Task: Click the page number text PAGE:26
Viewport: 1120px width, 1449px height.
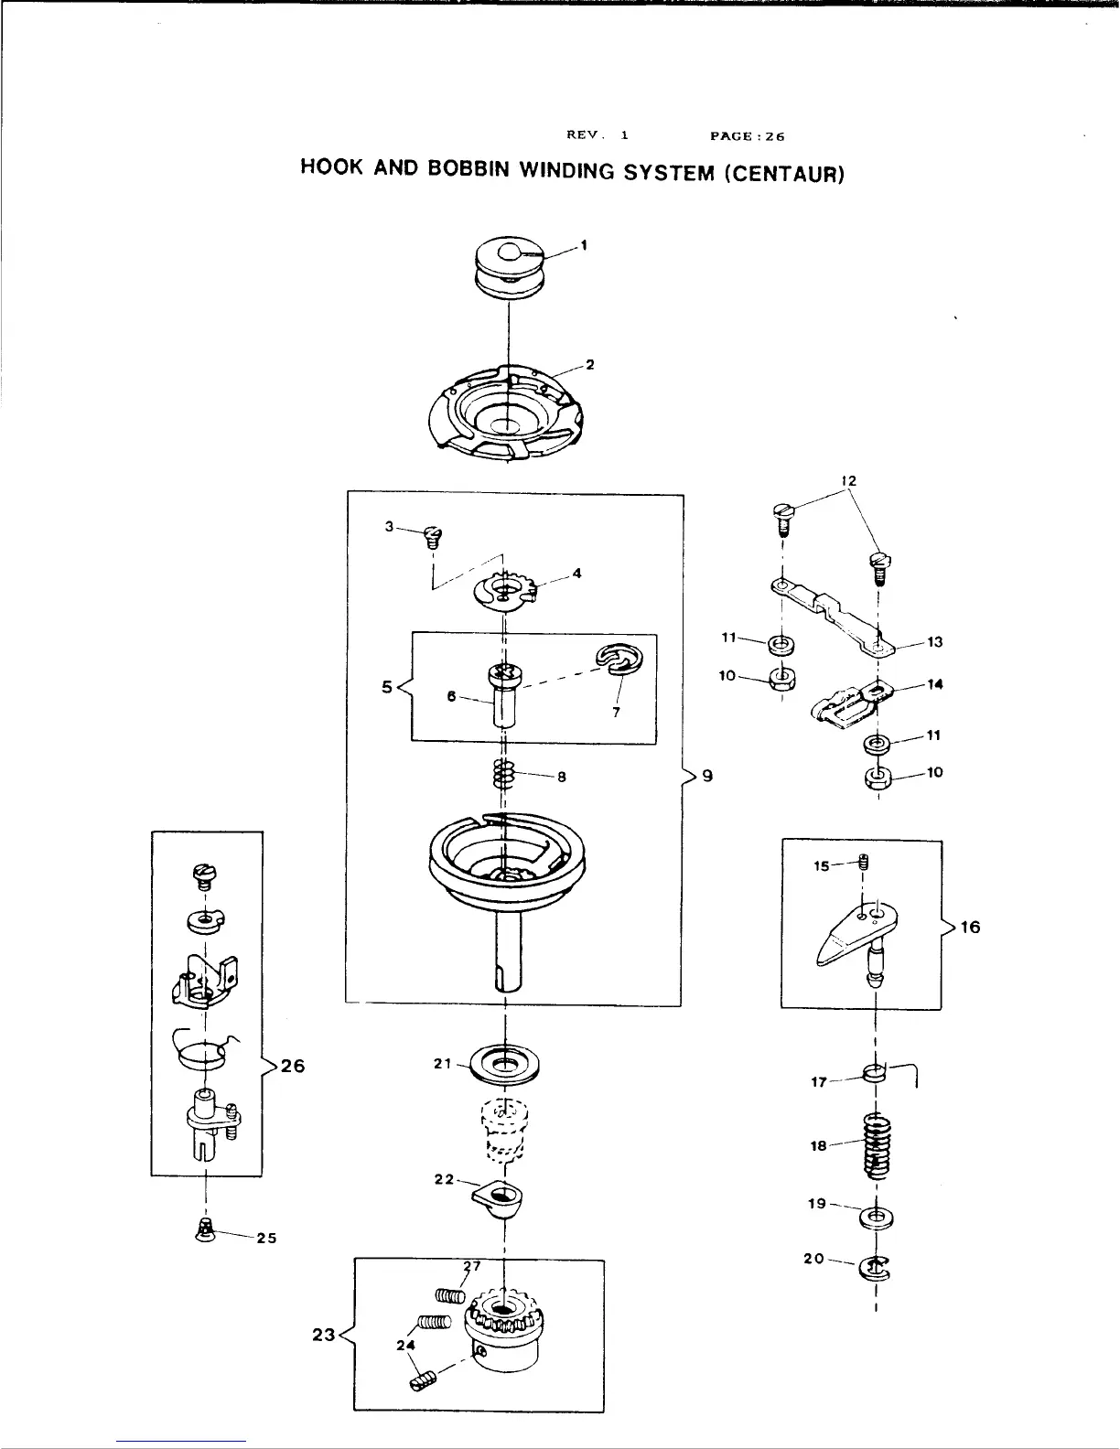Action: click(748, 137)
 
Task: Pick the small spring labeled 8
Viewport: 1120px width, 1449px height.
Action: click(504, 774)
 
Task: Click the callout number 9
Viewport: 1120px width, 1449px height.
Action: click(706, 776)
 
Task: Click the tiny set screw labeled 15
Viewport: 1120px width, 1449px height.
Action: click(863, 862)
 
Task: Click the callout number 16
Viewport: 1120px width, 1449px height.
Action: click(970, 927)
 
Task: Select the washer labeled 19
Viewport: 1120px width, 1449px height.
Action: click(877, 1218)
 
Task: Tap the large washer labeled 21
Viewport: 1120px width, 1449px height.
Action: click(504, 1063)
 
